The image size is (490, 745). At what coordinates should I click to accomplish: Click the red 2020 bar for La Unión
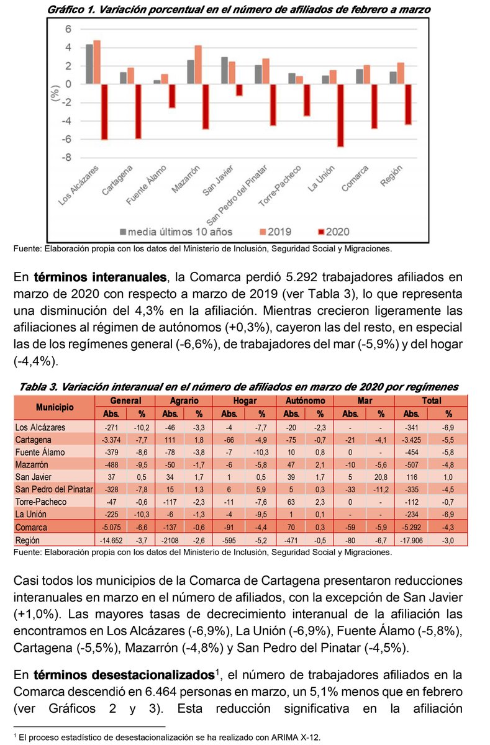[340, 115]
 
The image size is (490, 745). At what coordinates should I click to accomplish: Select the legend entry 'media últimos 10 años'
[177, 232]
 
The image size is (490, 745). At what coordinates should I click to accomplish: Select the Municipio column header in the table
[55, 408]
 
